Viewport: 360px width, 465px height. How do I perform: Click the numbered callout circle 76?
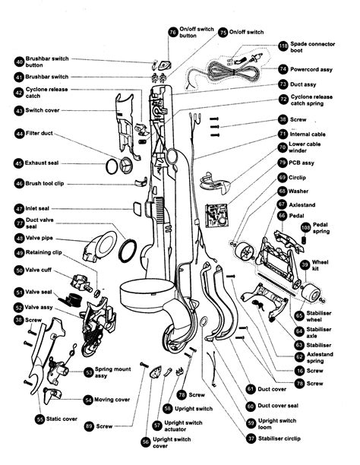pyautogui.click(x=173, y=32)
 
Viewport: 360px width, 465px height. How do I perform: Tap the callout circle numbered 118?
pyautogui.click(x=283, y=46)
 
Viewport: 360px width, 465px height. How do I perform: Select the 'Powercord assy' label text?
pyautogui.click(x=311, y=70)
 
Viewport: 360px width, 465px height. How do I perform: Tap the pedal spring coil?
pyautogui.click(x=303, y=239)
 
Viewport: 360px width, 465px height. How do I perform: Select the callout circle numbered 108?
pyautogui.click(x=306, y=228)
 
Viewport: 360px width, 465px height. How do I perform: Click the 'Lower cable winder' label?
pyautogui.click(x=305, y=147)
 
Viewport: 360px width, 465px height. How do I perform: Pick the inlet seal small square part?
pyautogui.click(x=137, y=208)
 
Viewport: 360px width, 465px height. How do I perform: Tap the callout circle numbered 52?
pyautogui.click(x=19, y=308)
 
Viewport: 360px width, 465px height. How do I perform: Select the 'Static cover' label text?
pyautogui.click(x=62, y=419)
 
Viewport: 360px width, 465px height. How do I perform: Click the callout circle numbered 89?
pyautogui.click(x=90, y=426)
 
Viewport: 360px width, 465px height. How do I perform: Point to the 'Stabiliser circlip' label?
pyautogui.click(x=279, y=438)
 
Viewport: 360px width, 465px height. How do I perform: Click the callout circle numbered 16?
pyautogui.click(x=300, y=371)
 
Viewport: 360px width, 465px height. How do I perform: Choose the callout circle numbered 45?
pyautogui.click(x=19, y=163)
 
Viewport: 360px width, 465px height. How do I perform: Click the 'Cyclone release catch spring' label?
pyautogui.click(x=311, y=100)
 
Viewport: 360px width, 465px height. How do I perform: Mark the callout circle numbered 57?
pyautogui.click(x=157, y=425)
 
